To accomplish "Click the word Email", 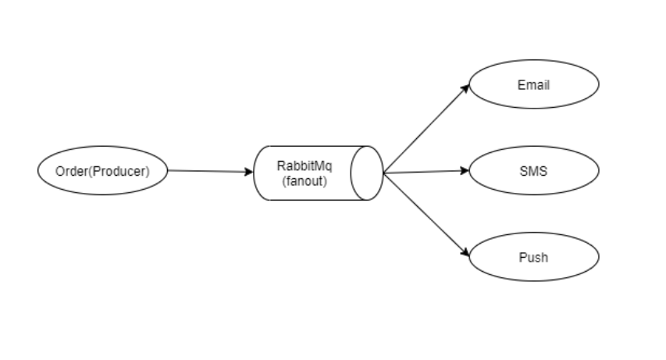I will (x=534, y=84).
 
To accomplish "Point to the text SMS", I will (x=534, y=171).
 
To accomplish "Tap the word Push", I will (x=534, y=257).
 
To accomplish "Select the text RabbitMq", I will (x=305, y=166).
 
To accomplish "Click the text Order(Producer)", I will (x=102, y=171).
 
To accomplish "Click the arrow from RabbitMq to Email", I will (x=426, y=129).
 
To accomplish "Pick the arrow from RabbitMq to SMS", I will (x=426, y=172).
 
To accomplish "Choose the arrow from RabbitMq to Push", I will (x=426, y=214).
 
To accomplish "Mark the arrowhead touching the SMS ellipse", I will (x=465, y=170).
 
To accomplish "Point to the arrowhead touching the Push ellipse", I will (x=465, y=254).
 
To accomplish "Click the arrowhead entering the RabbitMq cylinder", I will (x=250, y=172).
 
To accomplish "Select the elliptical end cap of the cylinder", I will (x=366, y=173).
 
